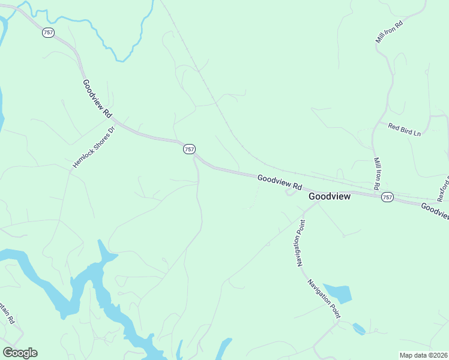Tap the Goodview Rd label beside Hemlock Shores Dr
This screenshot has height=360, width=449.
97,98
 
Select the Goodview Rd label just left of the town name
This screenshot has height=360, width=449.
279,182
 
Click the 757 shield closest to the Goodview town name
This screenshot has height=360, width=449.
387,197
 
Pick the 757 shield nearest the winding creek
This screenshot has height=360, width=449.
49,33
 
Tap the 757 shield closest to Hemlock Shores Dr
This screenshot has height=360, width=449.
189,149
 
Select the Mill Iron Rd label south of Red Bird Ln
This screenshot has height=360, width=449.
378,175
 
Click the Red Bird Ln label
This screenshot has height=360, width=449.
404,129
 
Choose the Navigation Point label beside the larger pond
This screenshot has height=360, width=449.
324,298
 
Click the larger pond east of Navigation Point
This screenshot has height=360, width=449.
338,293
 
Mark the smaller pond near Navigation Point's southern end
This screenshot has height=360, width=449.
358,328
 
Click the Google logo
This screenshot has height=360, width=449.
20,353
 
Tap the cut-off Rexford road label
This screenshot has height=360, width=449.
443,188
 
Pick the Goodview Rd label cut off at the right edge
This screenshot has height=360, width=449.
434,211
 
